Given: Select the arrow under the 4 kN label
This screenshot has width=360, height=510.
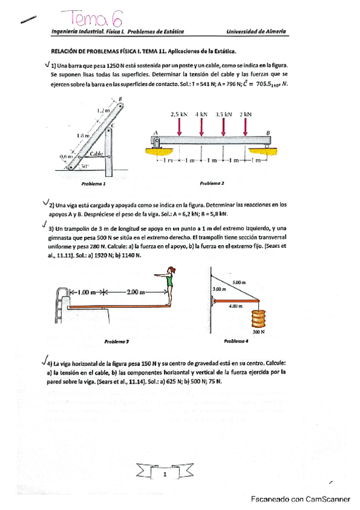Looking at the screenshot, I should [201, 126].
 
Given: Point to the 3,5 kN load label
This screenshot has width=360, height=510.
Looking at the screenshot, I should [224, 114].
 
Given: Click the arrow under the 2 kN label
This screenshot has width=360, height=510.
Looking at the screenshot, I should [245, 126].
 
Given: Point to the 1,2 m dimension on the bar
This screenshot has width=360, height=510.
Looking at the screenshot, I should [103, 111].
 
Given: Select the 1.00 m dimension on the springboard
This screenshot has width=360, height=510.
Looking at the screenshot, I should [87, 292].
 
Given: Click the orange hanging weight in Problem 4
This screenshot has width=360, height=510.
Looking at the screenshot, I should [259, 318].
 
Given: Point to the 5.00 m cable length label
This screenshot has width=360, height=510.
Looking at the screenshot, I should [239, 281].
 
